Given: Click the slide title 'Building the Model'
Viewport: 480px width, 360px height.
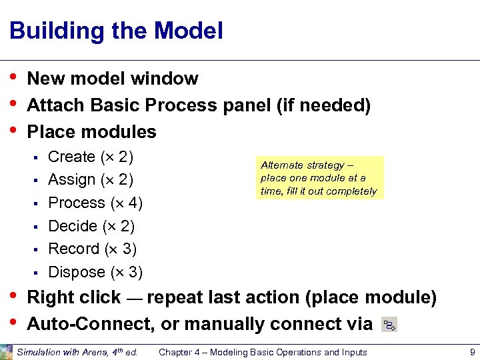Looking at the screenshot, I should point(116,31).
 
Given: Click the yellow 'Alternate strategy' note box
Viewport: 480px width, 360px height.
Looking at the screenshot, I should point(319,178).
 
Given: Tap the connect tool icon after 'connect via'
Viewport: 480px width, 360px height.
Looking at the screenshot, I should point(389,325).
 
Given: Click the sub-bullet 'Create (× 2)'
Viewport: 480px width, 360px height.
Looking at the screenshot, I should point(91,157).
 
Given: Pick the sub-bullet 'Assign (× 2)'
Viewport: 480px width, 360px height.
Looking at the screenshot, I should point(91,180).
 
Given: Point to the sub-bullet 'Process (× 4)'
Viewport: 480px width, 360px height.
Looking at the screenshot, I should point(95,203).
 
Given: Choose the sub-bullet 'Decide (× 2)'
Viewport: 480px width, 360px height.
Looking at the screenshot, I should point(91,226).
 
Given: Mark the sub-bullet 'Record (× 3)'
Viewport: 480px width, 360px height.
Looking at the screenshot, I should point(93,249).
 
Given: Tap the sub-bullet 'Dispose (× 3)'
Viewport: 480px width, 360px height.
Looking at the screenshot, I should point(95,272).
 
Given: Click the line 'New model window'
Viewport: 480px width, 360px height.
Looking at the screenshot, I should point(113,79).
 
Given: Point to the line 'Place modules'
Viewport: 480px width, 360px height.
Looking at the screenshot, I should point(91,132).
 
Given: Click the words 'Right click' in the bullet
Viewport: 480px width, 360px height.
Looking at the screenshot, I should point(73,297).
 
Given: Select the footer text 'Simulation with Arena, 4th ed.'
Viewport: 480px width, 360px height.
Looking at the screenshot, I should point(77,352).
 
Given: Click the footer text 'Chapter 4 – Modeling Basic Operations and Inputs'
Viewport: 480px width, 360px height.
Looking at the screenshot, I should point(263,352).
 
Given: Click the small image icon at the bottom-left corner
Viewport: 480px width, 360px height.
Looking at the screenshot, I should point(7,351).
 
